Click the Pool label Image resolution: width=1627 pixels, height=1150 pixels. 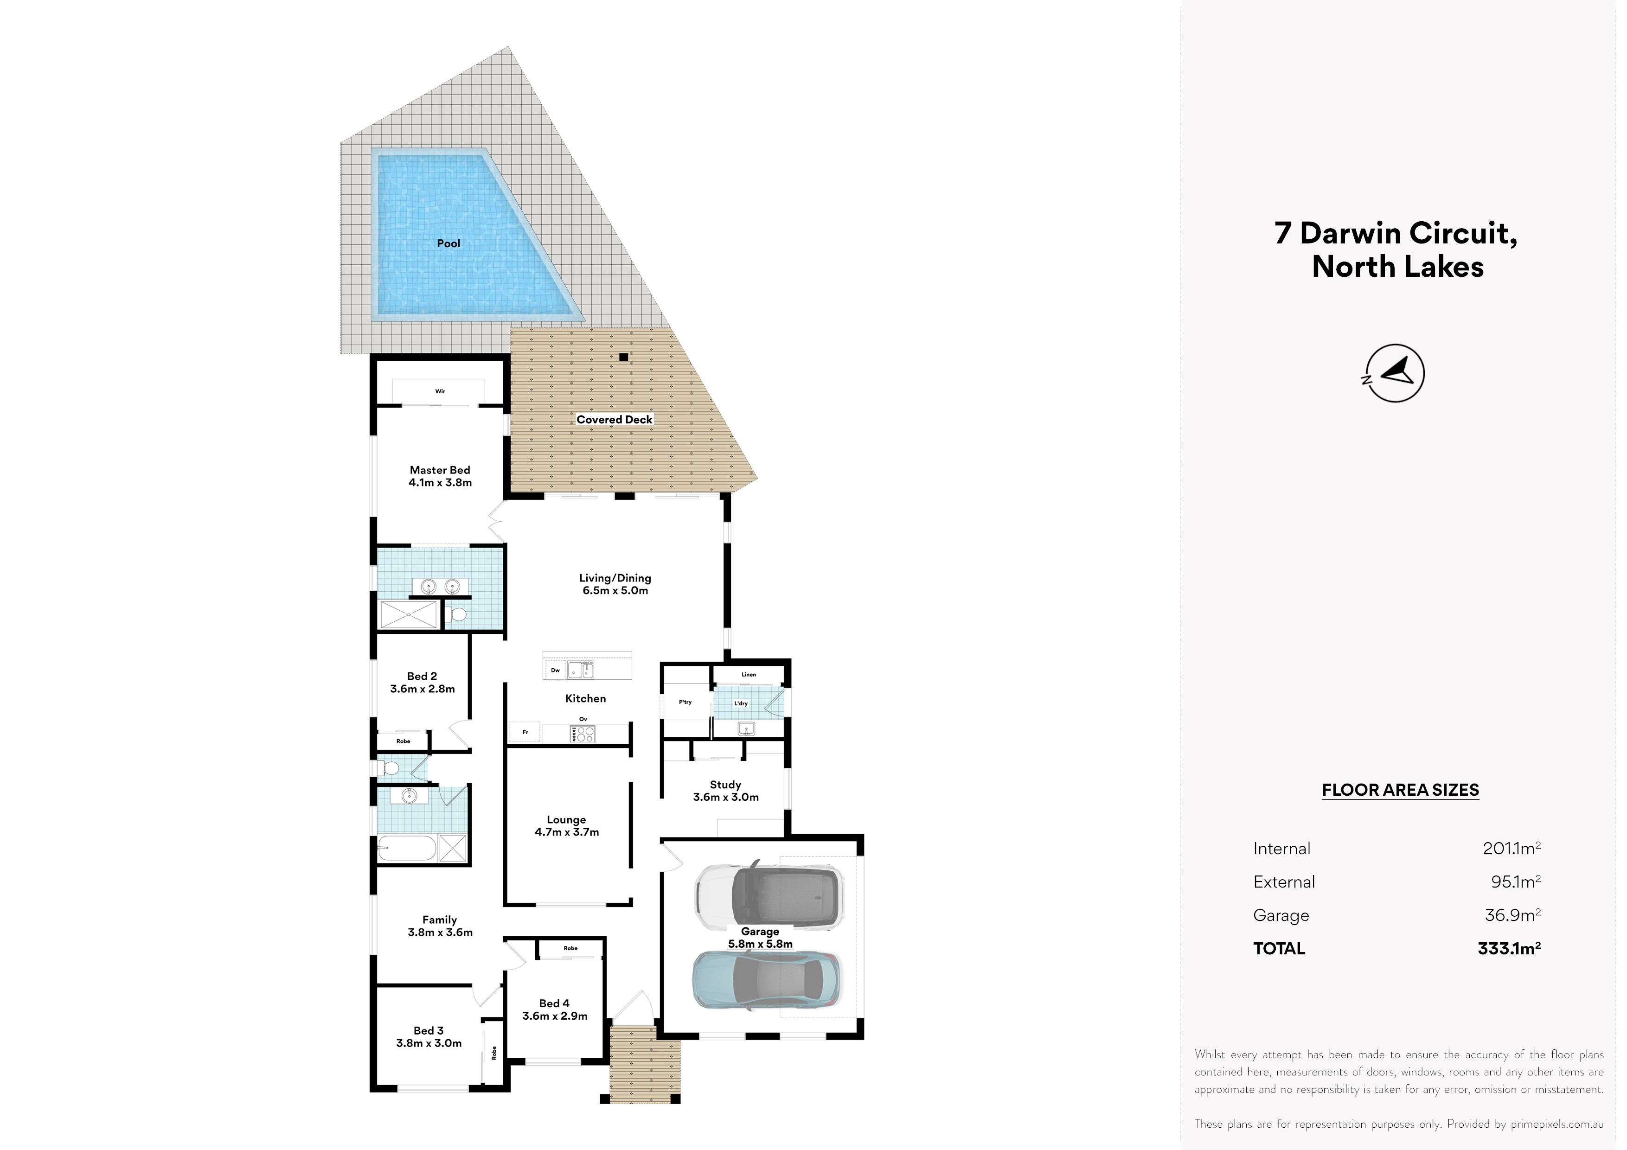[x=448, y=243]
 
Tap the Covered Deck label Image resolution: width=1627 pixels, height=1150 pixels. [x=615, y=420]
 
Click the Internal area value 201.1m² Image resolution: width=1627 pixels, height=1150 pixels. [x=1512, y=848]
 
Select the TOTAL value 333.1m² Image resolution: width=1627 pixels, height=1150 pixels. [x=1509, y=948]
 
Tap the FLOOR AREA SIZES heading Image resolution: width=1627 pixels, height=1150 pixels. [x=1400, y=790]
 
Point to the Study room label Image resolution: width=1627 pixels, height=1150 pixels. [x=726, y=791]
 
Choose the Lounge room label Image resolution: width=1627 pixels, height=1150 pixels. [x=567, y=825]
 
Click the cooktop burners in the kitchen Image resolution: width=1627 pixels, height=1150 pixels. [x=583, y=734]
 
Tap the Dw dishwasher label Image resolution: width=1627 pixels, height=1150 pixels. [x=556, y=670]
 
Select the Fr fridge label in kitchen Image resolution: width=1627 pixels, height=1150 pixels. [x=525, y=732]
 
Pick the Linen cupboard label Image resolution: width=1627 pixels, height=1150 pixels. [x=749, y=675]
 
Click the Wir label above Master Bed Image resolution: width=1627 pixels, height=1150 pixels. [x=440, y=391]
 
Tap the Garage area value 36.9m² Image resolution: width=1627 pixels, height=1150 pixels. [x=1513, y=915]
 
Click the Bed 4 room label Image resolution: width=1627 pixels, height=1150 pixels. [x=555, y=1009]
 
